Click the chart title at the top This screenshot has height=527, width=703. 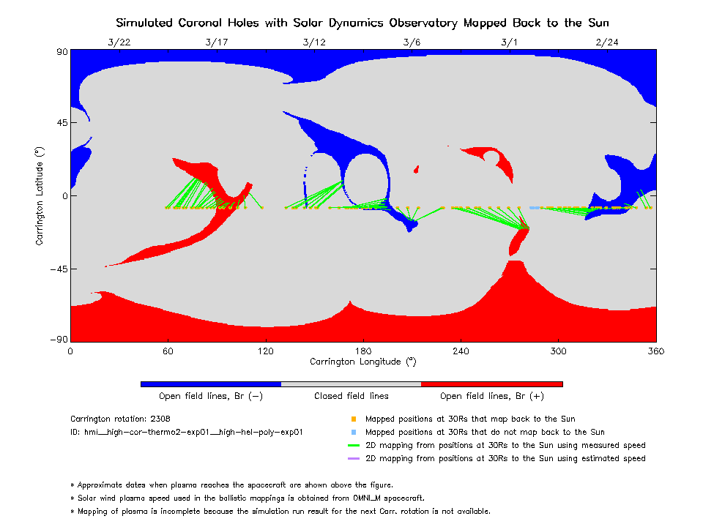pyautogui.click(x=362, y=23)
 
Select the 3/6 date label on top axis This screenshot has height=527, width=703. pyautogui.click(x=412, y=42)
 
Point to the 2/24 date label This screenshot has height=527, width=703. pyautogui.click(x=607, y=42)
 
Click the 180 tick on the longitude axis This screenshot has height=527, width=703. pyautogui.click(x=363, y=351)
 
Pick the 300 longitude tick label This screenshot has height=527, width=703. pyautogui.click(x=559, y=351)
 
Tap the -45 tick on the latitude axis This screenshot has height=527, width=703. pyautogui.click(x=58, y=269)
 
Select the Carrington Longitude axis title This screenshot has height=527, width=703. pyautogui.click(x=362, y=362)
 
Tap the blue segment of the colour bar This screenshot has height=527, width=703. pyautogui.click(x=210, y=384)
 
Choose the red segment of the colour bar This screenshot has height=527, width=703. pyautogui.click(x=491, y=384)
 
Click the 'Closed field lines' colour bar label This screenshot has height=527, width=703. pyautogui.click(x=351, y=396)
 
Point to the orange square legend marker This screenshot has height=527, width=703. pyautogui.click(x=353, y=419)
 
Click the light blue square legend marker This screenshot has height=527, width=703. pyautogui.click(x=353, y=433)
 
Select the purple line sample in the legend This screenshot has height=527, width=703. pyautogui.click(x=353, y=459)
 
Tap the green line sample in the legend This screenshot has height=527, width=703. pyautogui.click(x=353, y=446)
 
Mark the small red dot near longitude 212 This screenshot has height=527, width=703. pyautogui.click(x=416, y=170)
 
